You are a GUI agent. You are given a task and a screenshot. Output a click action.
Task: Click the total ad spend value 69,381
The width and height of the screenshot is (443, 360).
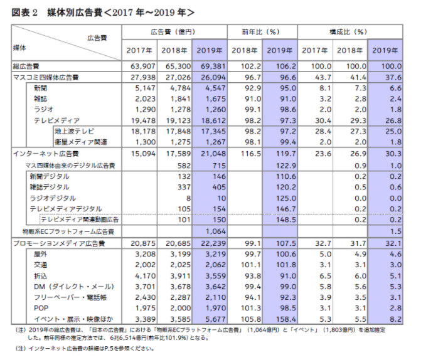pyautogui.click(x=213, y=66)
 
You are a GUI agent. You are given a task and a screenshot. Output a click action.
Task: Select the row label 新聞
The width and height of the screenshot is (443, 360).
pyautogui.click(x=40, y=88)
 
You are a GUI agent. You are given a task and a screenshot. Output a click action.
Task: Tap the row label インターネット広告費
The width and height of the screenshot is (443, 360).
pyautogui.click(x=46, y=154)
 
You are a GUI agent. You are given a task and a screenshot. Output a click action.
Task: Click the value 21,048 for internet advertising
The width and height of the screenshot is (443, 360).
pyautogui.click(x=213, y=154)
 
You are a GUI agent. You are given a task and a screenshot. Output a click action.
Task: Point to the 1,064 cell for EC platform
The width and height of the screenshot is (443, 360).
pyautogui.click(x=216, y=231)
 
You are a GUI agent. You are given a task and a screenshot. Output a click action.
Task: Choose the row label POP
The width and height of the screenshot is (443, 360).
pyautogui.click(x=41, y=308)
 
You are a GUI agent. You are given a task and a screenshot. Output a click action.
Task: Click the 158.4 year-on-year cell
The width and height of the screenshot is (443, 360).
pyautogui.click(x=286, y=319)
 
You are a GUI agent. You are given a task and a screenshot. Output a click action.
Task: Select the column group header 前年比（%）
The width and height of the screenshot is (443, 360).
pyautogui.click(x=260, y=32)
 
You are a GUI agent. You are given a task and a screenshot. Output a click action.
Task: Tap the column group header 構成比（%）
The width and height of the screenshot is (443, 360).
pyautogui.click(x=348, y=32)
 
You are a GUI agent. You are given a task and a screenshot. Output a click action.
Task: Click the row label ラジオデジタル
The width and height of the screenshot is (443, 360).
pyautogui.click(x=53, y=198)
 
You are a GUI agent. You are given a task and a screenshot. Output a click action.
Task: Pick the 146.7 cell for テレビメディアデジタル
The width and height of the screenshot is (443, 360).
pyautogui.click(x=286, y=209)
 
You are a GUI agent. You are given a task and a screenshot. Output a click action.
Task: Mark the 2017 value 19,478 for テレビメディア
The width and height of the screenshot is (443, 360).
pyautogui.click(x=143, y=120)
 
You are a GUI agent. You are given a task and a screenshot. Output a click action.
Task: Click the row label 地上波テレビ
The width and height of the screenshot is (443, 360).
pyautogui.click(x=75, y=131)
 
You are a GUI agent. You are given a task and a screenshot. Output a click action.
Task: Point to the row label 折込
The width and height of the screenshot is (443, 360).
pyautogui.click(x=40, y=276)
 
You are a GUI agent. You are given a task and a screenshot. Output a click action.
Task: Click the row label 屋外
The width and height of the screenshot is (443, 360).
pyautogui.click(x=40, y=254)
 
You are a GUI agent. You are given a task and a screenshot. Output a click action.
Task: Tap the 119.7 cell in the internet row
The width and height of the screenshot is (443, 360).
pyautogui.click(x=286, y=154)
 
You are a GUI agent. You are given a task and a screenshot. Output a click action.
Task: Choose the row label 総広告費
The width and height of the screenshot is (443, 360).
pyautogui.click(x=26, y=66)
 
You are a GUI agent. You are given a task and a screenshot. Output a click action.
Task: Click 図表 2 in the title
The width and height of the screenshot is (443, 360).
pyautogui.click(x=24, y=13)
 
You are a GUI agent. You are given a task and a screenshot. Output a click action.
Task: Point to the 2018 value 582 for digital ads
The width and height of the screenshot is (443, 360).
pyautogui.click(x=184, y=166)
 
